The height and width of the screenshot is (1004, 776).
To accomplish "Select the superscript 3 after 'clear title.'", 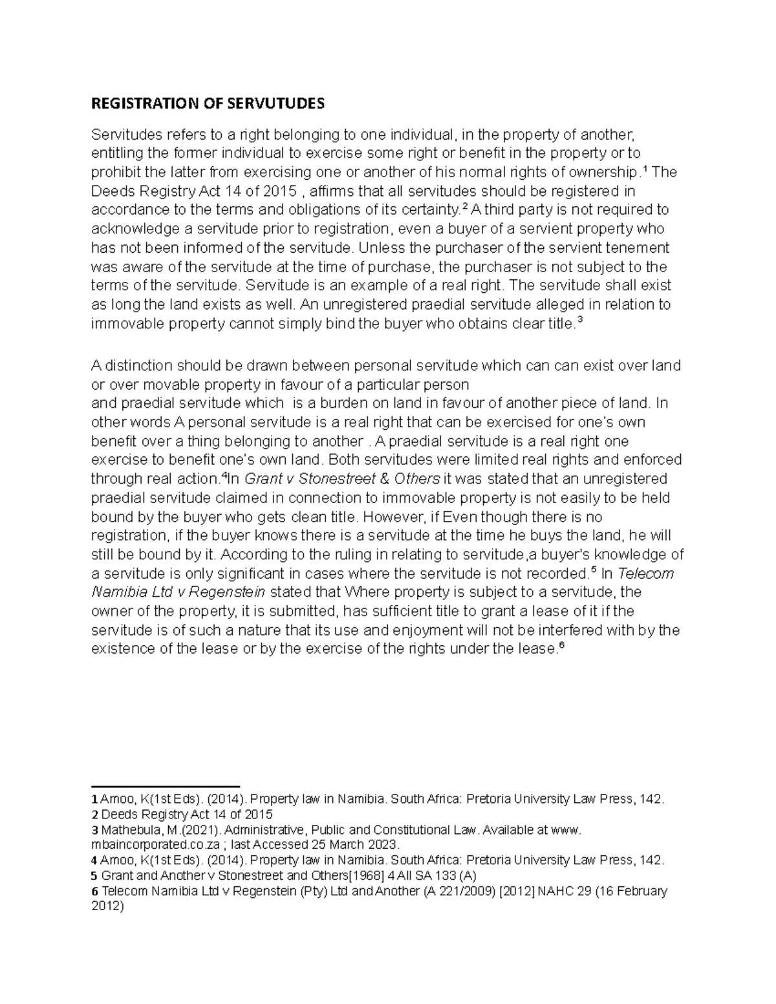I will coord(579,319).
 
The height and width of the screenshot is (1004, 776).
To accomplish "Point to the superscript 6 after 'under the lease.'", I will coord(561,645).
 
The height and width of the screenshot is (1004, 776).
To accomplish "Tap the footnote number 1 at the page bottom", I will coord(94,799).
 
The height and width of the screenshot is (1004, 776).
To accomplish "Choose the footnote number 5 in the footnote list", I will coord(94,876).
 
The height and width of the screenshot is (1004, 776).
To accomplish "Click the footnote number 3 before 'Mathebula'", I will coord(94,830).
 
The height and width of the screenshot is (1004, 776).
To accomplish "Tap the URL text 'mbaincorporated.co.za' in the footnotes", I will coord(151,845).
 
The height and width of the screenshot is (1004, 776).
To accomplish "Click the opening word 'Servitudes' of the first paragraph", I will coord(124,135).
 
